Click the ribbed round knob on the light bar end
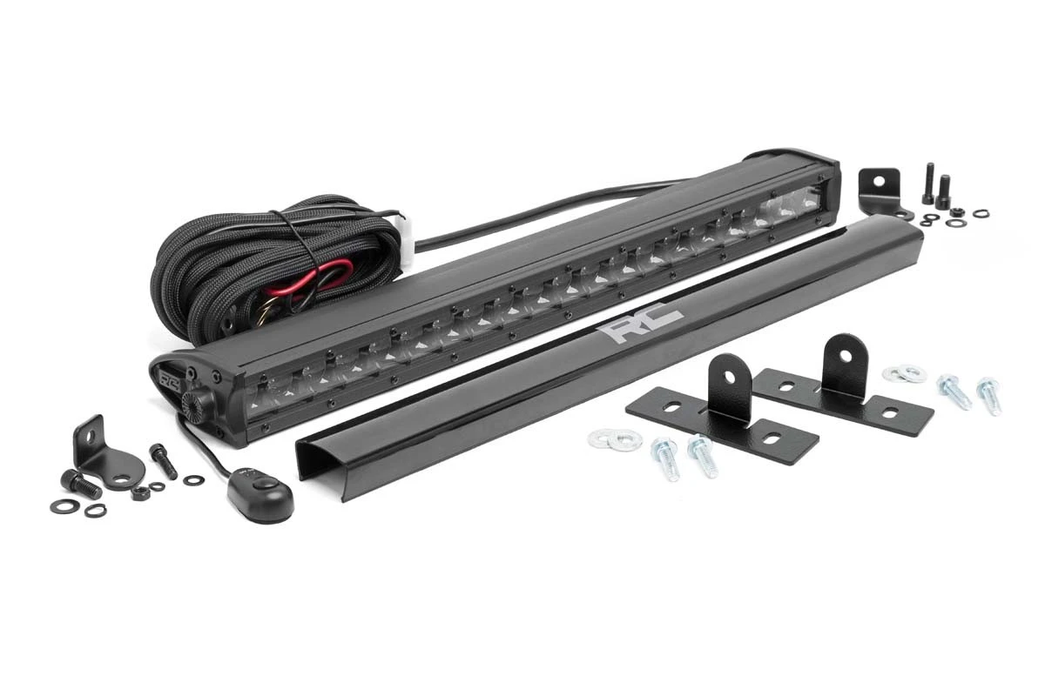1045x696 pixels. [193, 404]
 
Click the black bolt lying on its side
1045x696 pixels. [81, 484]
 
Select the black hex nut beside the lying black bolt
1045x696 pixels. [140, 492]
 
